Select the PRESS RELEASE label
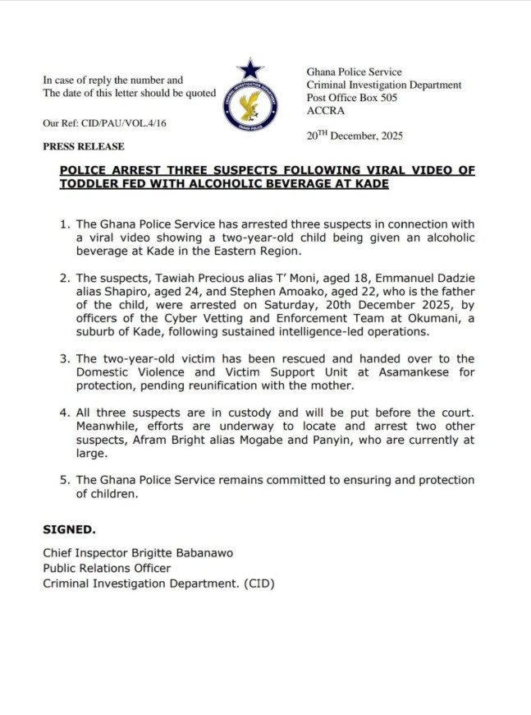[84, 146]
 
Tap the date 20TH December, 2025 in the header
[355, 136]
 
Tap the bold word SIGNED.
[69, 529]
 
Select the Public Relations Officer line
[107, 568]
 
